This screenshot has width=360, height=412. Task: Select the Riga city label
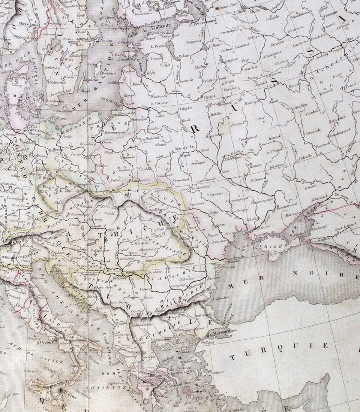click(151, 74)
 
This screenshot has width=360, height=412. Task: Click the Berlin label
click(57, 149)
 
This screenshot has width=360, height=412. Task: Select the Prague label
click(49, 187)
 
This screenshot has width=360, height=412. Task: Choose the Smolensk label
click(225, 104)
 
